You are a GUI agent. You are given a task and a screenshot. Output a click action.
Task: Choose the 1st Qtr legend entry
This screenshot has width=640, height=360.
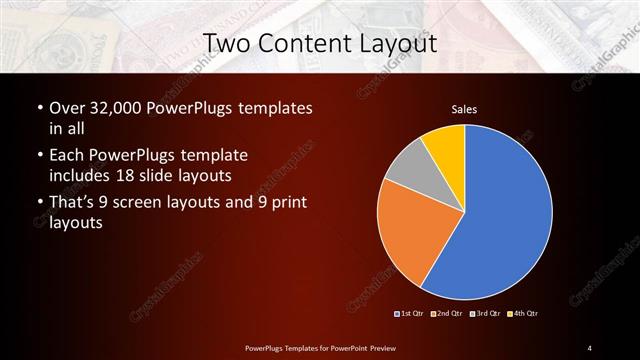pos(410,314)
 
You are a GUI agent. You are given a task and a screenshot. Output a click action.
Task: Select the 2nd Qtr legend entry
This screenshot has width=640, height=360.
pos(447,314)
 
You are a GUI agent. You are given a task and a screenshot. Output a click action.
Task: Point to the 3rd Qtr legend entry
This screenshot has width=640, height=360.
pos(484,314)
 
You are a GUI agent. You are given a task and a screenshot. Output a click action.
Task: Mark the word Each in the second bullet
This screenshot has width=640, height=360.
pos(68,157)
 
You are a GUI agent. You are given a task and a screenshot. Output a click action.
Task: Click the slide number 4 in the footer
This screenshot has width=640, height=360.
pos(590,347)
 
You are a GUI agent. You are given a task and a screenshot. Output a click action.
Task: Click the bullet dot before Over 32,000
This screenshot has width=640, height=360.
pos(38,108)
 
